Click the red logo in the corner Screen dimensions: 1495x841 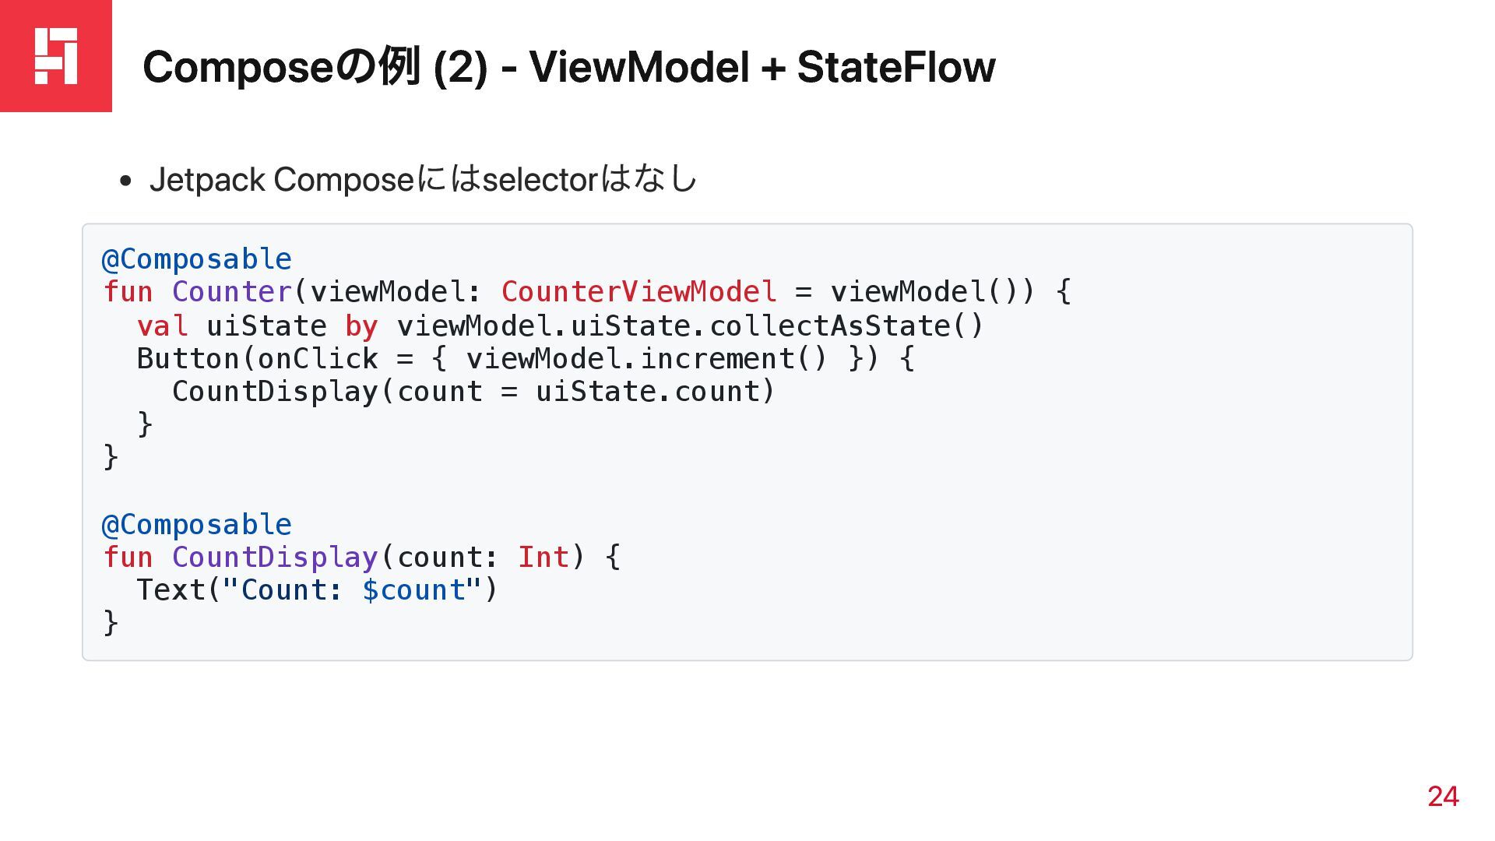click(x=56, y=56)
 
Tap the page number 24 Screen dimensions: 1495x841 click(x=1443, y=796)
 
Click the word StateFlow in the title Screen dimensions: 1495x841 click(x=895, y=67)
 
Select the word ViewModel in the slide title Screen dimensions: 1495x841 click(x=638, y=67)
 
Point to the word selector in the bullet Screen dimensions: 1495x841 click(x=540, y=180)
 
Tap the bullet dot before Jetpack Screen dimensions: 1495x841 click(x=125, y=182)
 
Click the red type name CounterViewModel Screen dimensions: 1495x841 click(x=638, y=292)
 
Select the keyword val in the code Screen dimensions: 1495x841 click(x=162, y=325)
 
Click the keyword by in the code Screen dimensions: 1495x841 click(x=361, y=325)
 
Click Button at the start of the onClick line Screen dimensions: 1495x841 click(x=188, y=359)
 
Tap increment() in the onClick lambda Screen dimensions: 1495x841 click(x=733, y=359)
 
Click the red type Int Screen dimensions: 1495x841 click(x=543, y=558)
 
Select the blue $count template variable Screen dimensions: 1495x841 click(x=413, y=590)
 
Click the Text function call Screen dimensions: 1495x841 click(x=171, y=590)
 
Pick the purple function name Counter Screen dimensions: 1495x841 click(x=232, y=292)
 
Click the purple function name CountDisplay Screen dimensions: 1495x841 click(x=275, y=558)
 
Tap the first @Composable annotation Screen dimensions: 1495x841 click(x=197, y=259)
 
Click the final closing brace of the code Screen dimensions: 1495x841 click(x=111, y=623)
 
